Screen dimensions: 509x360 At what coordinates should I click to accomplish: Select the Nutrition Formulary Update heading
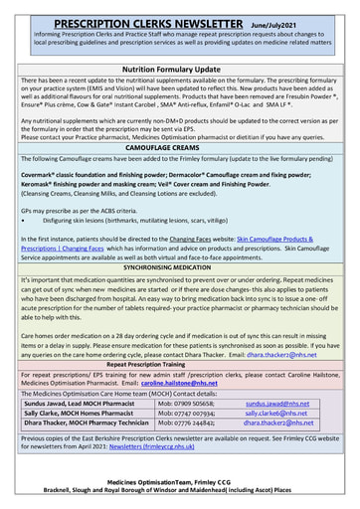pyautogui.click(x=179, y=69)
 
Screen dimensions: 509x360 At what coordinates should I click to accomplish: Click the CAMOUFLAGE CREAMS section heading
pyautogui.click(x=179, y=145)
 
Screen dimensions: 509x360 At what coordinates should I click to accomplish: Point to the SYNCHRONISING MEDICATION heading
pyautogui.click(x=179, y=268)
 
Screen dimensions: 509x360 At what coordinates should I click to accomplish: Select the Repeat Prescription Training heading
pyautogui.click(x=179, y=365)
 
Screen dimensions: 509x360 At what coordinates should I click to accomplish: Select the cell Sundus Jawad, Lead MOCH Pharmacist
pyautogui.click(x=75, y=405)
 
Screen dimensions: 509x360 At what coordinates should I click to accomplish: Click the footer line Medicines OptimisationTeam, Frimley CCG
pyautogui.click(x=179, y=480)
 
